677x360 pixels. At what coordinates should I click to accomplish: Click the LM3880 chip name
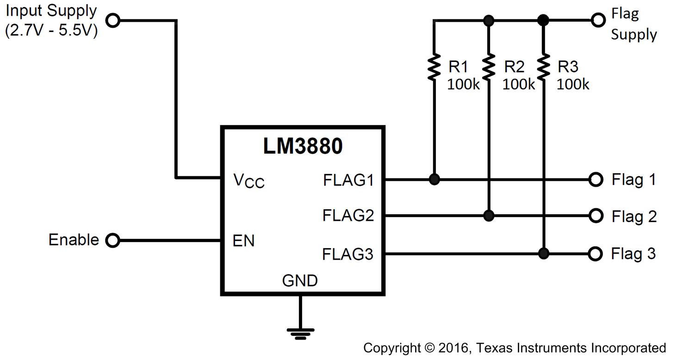(x=303, y=146)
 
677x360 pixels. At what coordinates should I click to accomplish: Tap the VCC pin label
(x=248, y=180)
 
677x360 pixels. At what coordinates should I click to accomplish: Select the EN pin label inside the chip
(x=243, y=241)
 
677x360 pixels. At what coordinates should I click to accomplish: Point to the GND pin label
(x=300, y=280)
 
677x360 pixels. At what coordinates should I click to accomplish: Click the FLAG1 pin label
(x=348, y=180)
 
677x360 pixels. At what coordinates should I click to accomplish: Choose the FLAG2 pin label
(x=348, y=216)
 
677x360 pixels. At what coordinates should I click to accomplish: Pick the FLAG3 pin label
(x=348, y=254)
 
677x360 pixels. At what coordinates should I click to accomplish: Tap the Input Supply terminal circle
(x=113, y=20)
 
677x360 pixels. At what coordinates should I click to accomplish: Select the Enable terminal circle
(x=112, y=240)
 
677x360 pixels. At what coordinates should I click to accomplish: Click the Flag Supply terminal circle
(x=598, y=20)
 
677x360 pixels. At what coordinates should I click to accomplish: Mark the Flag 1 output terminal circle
(x=596, y=179)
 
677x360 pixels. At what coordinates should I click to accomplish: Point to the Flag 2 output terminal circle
(x=596, y=216)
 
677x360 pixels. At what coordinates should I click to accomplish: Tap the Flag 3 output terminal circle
(x=596, y=254)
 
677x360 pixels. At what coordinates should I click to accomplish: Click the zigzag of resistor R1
(x=434, y=67)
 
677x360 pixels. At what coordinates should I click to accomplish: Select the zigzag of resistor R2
(x=488, y=67)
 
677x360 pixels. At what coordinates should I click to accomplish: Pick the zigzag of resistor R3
(x=544, y=67)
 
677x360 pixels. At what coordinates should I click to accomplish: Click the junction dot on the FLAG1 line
(x=434, y=179)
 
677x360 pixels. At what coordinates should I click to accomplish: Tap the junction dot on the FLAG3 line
(x=544, y=254)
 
